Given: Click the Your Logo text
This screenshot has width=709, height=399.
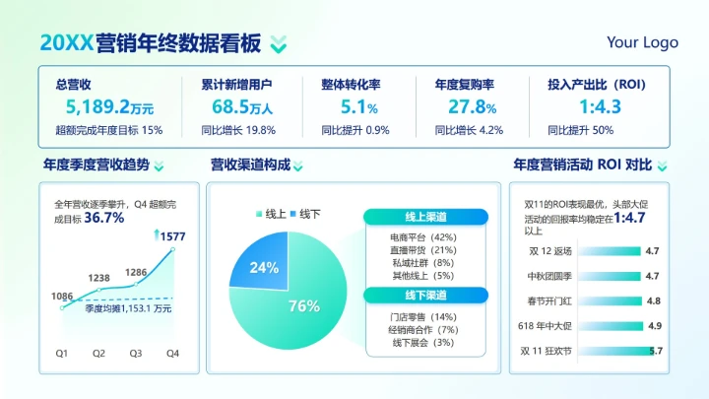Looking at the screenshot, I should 642,42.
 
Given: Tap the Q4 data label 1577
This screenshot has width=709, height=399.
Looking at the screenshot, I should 172,236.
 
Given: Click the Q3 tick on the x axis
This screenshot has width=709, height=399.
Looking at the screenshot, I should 136,353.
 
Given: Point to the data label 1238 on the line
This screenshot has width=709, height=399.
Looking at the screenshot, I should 98,279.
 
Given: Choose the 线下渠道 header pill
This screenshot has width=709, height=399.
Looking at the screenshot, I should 426,295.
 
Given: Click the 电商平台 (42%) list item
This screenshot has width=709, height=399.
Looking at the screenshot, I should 423,237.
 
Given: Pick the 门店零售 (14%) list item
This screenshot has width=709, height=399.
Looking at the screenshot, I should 424,315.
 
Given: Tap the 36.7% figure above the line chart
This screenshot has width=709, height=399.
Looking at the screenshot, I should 104,218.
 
